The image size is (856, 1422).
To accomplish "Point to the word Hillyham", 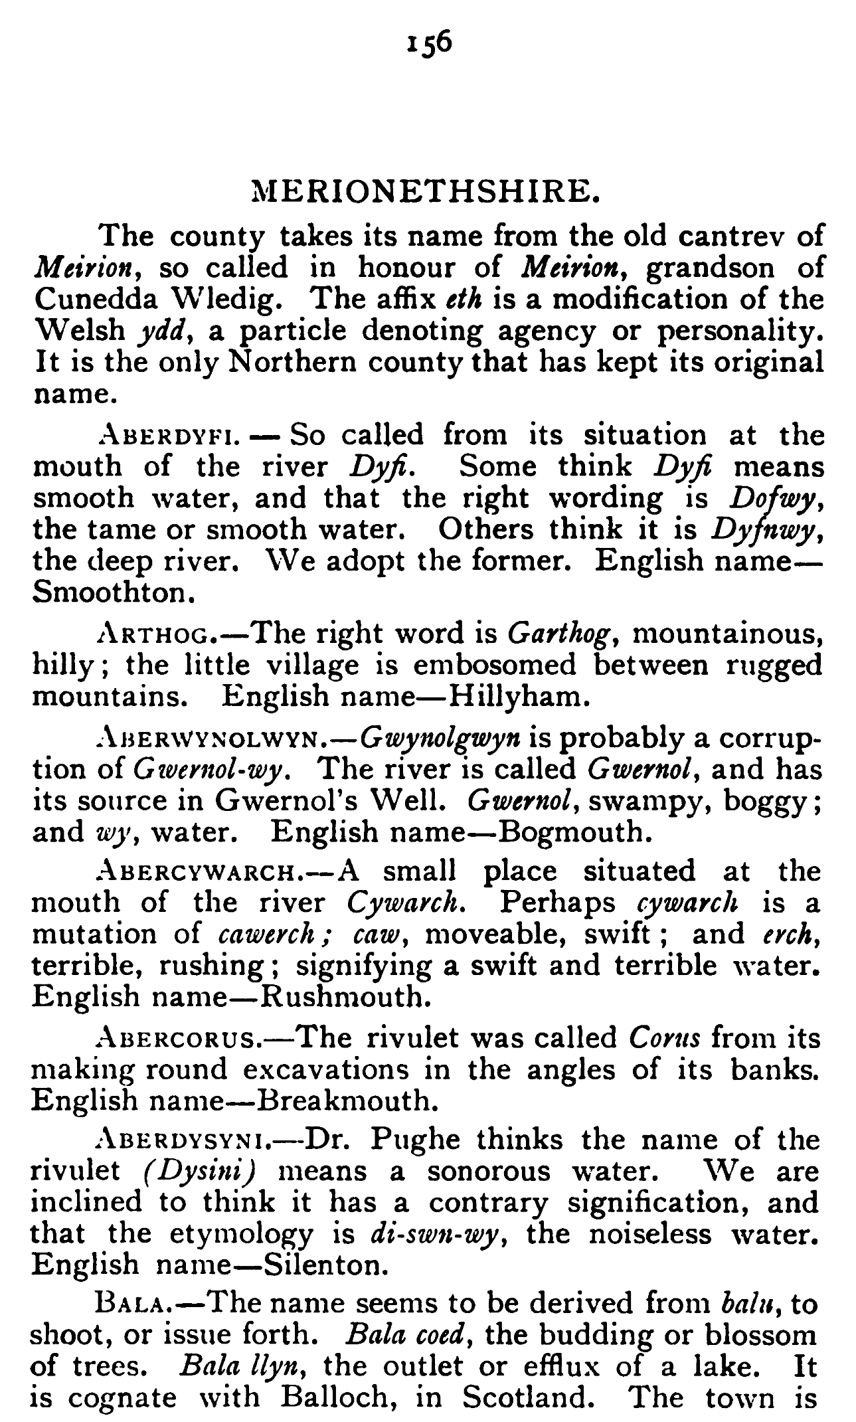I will [x=518, y=697].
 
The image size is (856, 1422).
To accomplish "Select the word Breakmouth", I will [x=347, y=1101].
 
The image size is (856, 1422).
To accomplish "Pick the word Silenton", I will [x=325, y=1265].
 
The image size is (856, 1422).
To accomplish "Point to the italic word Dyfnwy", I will [x=764, y=529].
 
